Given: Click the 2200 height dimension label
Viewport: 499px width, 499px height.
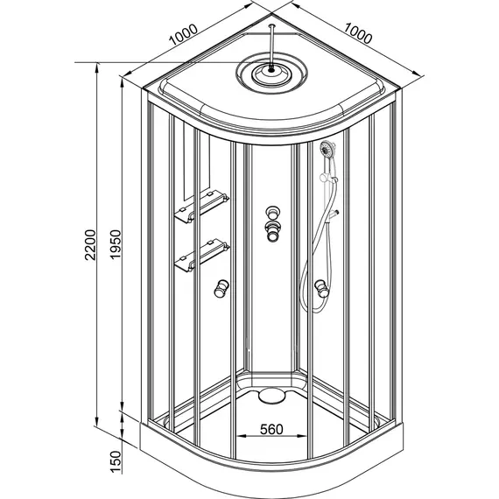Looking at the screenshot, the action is pos(90,244).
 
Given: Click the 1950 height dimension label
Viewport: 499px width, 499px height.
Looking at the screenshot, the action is pos(116,244).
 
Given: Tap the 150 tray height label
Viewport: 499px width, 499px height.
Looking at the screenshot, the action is pos(116,462).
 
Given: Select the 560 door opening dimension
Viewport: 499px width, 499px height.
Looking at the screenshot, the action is pos(271,429).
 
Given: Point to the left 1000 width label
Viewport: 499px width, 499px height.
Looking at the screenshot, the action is pos(183,35).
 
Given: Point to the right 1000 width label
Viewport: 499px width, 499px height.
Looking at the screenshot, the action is pos(358,33).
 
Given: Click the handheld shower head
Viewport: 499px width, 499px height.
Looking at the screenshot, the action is pos(327,149).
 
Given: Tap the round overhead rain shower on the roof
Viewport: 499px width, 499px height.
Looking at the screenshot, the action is pos(271,75).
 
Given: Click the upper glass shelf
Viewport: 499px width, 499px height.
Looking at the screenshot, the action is pos(201,207).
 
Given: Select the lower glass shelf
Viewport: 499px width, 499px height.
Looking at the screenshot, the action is pos(201,256).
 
